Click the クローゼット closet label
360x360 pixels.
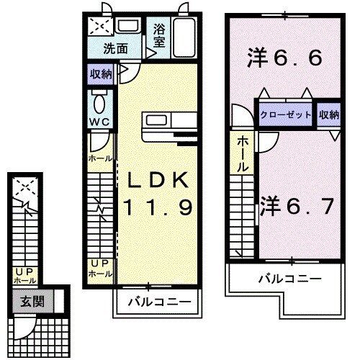pyautogui.click(x=287, y=114)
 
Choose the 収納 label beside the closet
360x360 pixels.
pyautogui.click(x=328, y=114)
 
